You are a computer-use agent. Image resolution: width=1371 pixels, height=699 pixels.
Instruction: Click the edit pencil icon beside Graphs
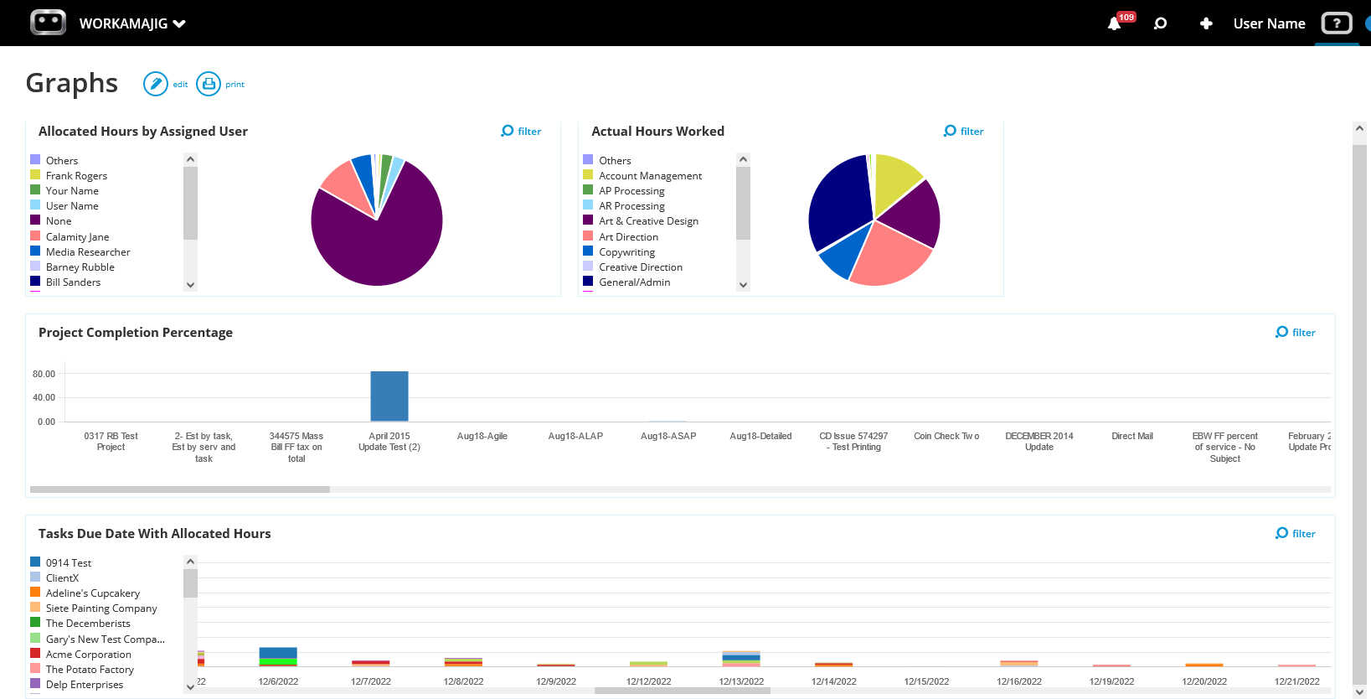pyautogui.click(x=156, y=84)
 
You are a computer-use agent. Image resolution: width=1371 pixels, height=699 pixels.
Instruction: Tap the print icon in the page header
pyautogui.click(x=209, y=84)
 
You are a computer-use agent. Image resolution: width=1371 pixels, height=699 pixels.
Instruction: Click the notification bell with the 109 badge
pyautogui.click(x=1115, y=23)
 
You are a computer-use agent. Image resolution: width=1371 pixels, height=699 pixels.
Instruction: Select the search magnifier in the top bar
pyautogui.click(x=1160, y=23)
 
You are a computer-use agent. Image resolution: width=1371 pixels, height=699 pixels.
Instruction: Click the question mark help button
pyautogui.click(x=1337, y=23)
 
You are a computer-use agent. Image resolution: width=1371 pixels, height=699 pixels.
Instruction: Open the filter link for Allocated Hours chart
pyautogui.click(x=521, y=131)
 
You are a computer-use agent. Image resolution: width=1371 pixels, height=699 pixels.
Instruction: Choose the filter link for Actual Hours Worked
pyautogui.click(x=964, y=131)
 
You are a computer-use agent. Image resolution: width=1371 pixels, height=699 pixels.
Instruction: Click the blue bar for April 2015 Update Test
pyautogui.click(x=389, y=396)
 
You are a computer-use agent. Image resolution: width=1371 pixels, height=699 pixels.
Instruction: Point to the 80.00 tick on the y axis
pyautogui.click(x=44, y=374)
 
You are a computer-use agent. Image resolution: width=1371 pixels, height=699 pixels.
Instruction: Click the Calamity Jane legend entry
pyautogui.click(x=77, y=237)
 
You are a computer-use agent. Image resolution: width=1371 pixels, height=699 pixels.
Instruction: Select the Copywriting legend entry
pyautogui.click(x=626, y=252)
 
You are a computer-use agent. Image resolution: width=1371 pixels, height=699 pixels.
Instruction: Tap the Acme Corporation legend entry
pyautogui.click(x=88, y=655)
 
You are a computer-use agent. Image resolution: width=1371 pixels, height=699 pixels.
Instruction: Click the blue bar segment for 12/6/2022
pyautogui.click(x=278, y=653)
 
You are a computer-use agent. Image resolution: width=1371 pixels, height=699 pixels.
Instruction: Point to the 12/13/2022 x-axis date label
pyautogui.click(x=741, y=681)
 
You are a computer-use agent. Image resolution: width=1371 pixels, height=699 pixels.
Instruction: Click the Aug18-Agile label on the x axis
pyautogui.click(x=482, y=436)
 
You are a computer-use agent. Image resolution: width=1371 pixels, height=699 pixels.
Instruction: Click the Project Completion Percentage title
pyautogui.click(x=136, y=333)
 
